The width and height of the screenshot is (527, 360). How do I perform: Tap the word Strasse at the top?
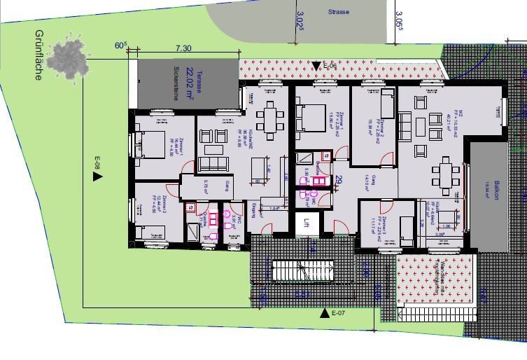[x=339, y=12]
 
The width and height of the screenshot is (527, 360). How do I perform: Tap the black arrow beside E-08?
[x=97, y=176]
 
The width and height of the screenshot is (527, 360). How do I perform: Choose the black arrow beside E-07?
[x=324, y=313]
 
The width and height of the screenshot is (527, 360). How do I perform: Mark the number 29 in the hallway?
[x=339, y=179]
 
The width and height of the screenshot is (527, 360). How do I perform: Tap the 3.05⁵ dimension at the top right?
[x=399, y=17]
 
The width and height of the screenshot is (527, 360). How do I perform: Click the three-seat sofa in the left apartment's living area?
[x=213, y=164]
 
